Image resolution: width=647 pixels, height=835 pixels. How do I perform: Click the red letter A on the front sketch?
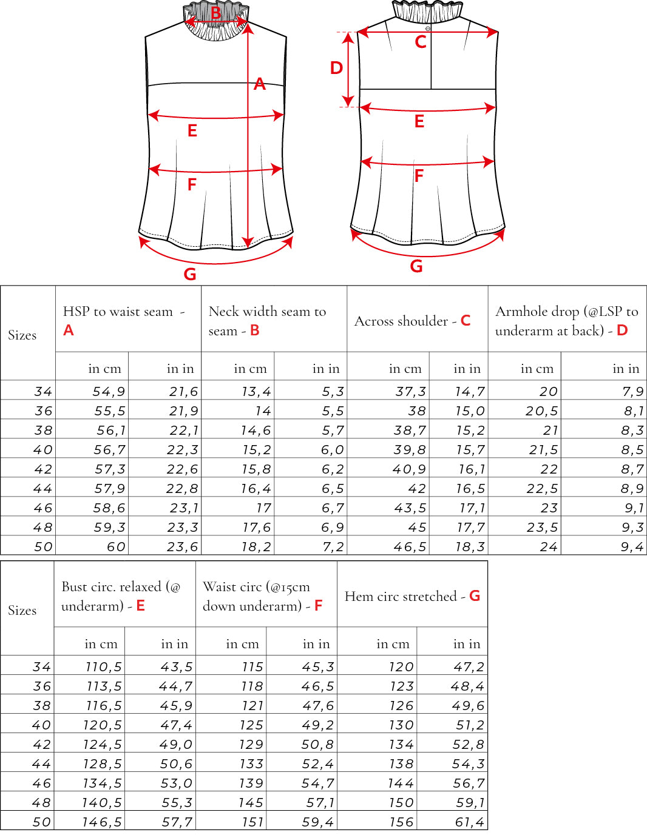tap(260, 84)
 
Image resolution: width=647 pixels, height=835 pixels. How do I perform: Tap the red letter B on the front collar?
tap(216, 13)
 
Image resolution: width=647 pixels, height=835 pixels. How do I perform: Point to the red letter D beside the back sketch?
tap(336, 68)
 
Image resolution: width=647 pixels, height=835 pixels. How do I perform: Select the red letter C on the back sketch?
tap(421, 42)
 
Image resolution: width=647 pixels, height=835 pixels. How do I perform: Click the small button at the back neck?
tap(428, 29)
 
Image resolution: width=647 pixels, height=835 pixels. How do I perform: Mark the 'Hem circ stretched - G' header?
tap(412, 596)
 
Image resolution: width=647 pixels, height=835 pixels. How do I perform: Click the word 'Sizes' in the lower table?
tap(22, 610)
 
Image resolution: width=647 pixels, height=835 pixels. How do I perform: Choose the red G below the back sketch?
tap(416, 266)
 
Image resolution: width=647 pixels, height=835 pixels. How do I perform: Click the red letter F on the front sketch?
tap(192, 184)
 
